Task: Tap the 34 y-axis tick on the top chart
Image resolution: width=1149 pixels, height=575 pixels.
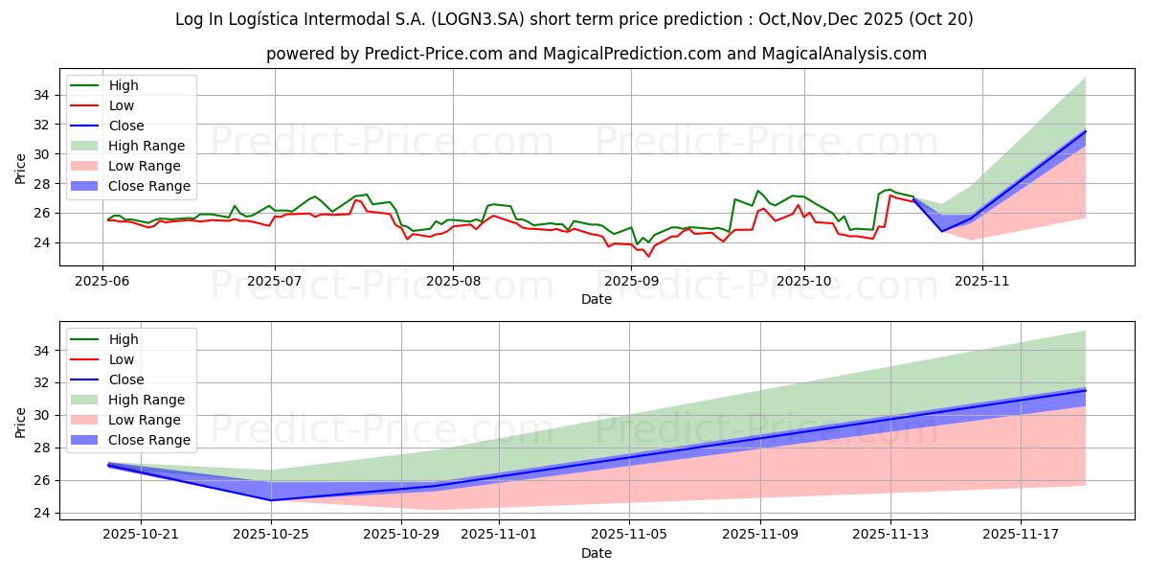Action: tap(41, 95)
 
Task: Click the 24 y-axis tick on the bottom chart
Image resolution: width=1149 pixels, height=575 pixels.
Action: tap(41, 513)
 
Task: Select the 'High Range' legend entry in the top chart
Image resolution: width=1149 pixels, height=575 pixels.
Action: tap(146, 146)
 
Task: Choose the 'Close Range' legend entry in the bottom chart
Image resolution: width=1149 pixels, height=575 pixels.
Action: tap(149, 440)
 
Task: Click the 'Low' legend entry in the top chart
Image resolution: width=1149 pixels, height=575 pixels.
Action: tap(122, 105)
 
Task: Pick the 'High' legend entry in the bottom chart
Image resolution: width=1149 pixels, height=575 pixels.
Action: tap(124, 339)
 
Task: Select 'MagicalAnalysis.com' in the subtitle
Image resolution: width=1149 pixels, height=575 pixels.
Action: tap(844, 54)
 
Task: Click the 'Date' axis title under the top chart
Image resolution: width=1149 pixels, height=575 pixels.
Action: tap(596, 299)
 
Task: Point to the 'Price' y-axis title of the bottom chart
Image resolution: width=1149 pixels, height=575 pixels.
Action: tap(21, 422)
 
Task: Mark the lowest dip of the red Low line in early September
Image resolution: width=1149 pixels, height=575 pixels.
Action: tap(648, 256)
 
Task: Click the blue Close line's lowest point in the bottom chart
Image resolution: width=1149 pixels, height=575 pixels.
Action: tap(271, 499)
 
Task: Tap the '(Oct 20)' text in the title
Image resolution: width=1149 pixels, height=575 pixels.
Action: tap(941, 19)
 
